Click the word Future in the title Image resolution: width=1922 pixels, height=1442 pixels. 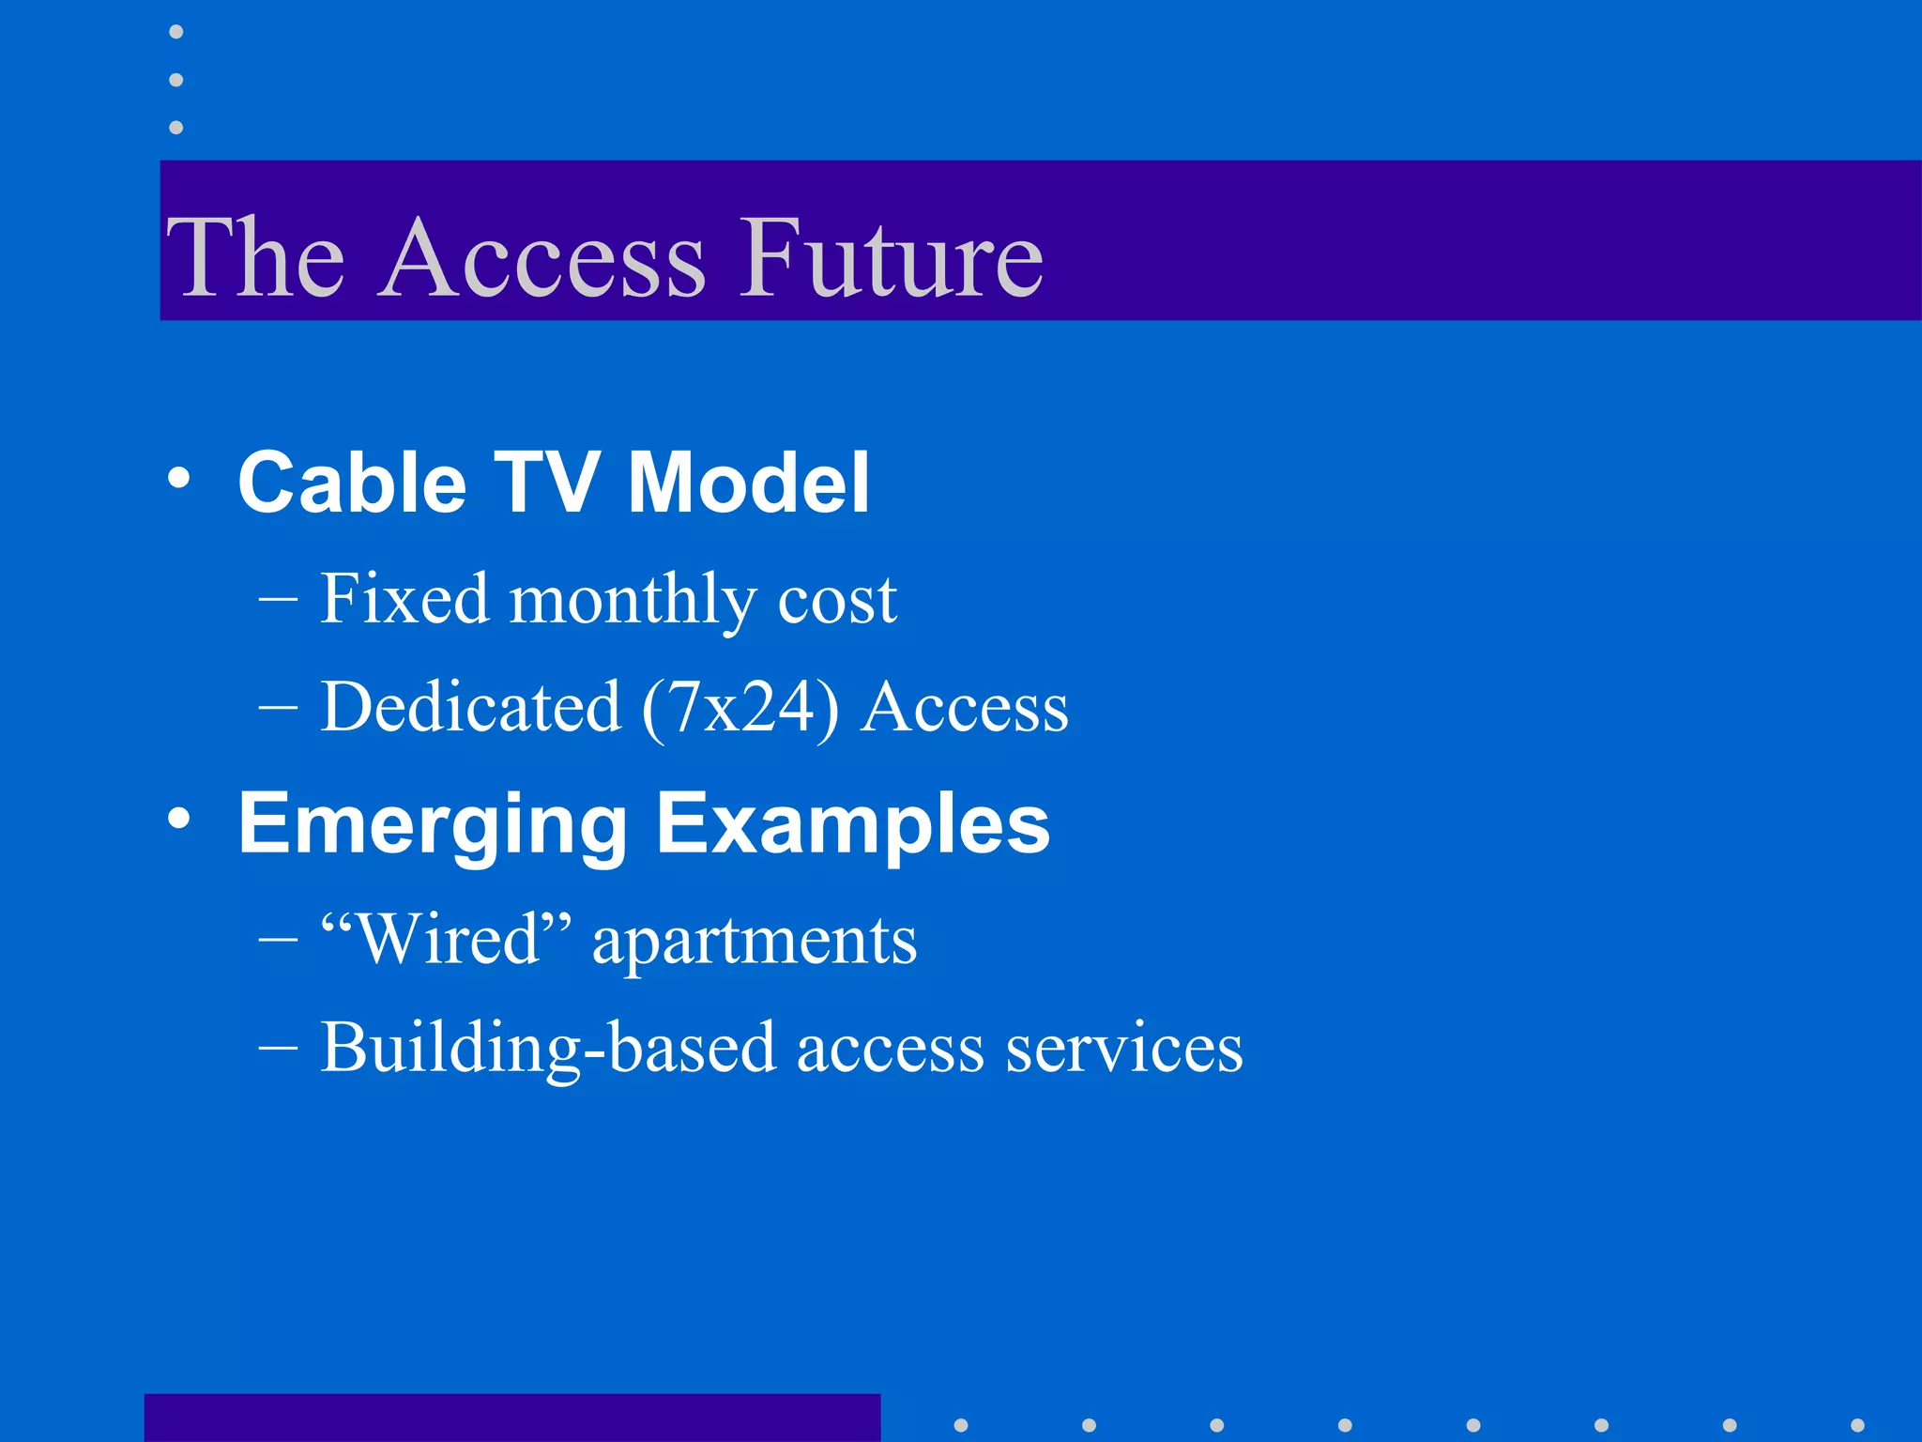(x=891, y=257)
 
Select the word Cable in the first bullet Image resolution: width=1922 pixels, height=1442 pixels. (x=352, y=483)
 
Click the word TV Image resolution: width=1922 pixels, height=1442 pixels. (x=546, y=483)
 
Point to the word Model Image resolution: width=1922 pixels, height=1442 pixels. (x=748, y=483)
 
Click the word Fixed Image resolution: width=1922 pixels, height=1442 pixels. (x=404, y=599)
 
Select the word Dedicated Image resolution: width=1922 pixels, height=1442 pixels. (x=470, y=707)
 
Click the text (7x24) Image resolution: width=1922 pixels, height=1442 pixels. (x=740, y=709)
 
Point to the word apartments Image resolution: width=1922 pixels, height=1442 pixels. (x=755, y=942)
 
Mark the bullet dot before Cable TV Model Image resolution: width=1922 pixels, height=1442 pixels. (x=178, y=479)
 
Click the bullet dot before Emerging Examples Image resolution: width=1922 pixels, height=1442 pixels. (x=178, y=820)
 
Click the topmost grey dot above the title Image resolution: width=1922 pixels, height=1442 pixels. (x=176, y=33)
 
